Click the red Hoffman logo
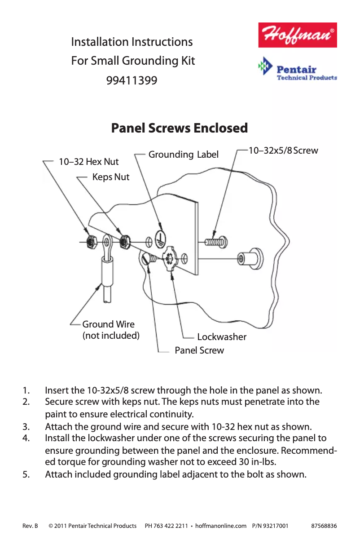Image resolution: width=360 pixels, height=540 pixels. point(297,35)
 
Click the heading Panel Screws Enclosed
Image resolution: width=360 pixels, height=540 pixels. point(179,128)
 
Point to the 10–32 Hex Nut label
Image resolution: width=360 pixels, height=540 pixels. point(89,162)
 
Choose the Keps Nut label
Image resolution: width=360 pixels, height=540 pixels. point(110,177)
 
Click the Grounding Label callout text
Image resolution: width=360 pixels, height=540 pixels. point(183,155)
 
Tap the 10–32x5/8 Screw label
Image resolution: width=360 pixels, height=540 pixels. point(283,150)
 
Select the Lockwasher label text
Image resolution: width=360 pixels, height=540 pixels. point(222,337)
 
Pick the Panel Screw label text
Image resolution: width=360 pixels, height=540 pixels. point(199,350)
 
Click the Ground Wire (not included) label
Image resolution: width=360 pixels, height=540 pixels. point(110,330)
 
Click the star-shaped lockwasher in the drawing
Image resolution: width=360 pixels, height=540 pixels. point(170,258)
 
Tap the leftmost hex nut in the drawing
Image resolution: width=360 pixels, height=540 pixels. point(91,242)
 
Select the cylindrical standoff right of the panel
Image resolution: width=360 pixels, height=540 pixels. point(251,258)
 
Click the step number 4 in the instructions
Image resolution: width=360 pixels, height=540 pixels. point(26,438)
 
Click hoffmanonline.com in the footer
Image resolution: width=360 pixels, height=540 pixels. point(221,526)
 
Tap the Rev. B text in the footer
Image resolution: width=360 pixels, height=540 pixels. point(30,526)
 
